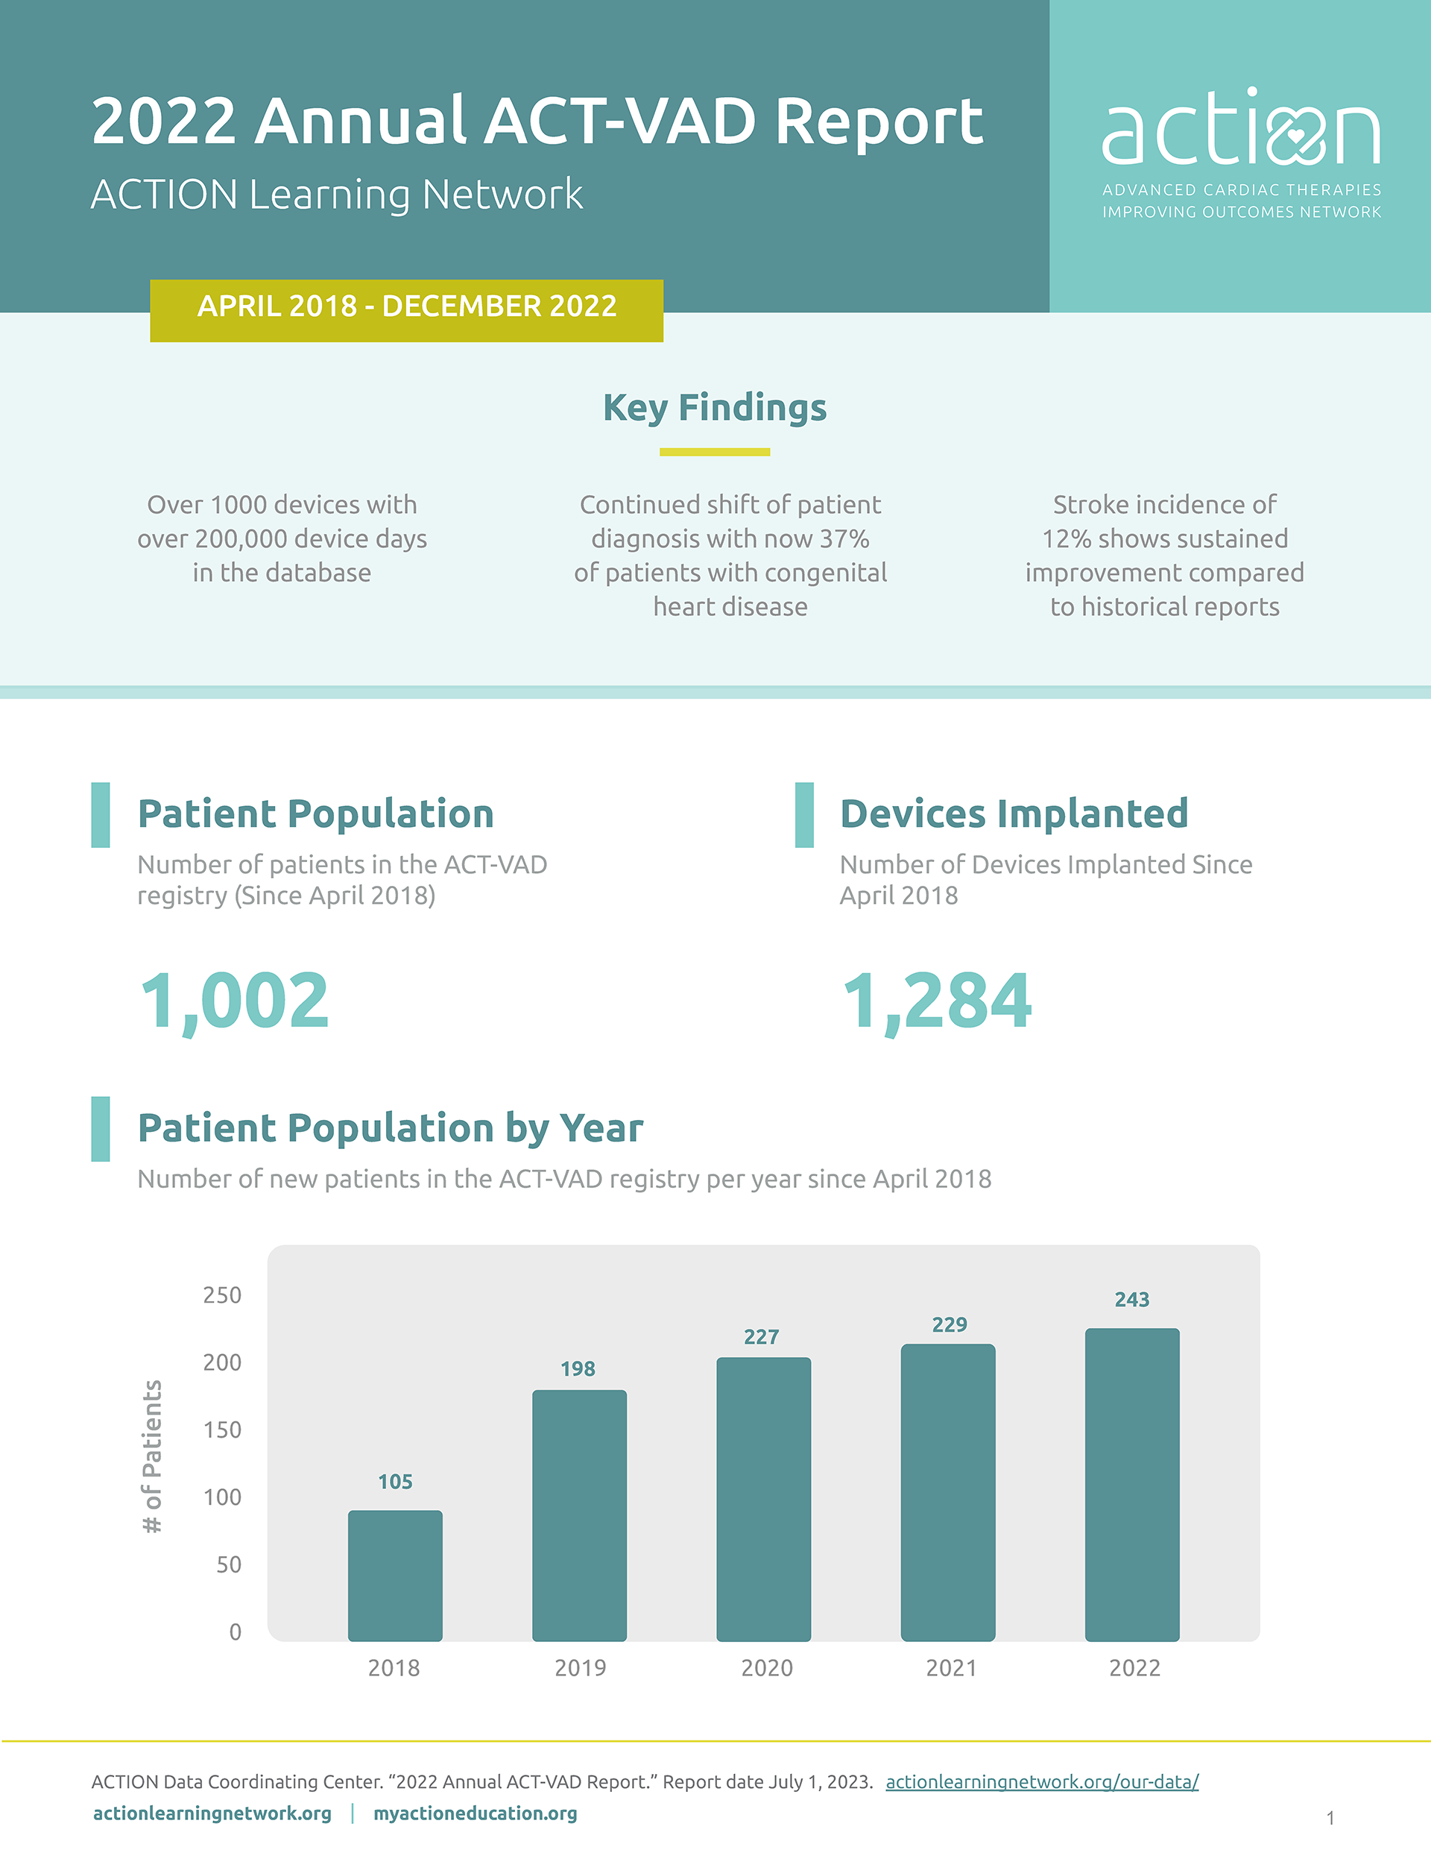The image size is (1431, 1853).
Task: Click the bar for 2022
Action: (1131, 1485)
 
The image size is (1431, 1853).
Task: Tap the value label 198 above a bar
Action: (578, 1368)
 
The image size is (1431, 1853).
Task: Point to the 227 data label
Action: (761, 1337)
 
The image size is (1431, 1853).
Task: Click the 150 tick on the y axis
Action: (222, 1429)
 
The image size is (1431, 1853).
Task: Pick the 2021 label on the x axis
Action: (951, 1668)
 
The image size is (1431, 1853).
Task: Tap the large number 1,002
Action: (234, 1001)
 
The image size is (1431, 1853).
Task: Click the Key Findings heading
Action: (714, 407)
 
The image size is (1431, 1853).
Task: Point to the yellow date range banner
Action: (406, 310)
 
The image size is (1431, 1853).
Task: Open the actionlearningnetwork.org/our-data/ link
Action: (1042, 1781)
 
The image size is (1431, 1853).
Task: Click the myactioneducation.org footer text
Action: (475, 1813)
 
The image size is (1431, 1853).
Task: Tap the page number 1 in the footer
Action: (1330, 1817)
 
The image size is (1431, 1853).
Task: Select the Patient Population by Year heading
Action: (391, 1128)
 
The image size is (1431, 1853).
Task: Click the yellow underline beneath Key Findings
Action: (714, 452)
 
